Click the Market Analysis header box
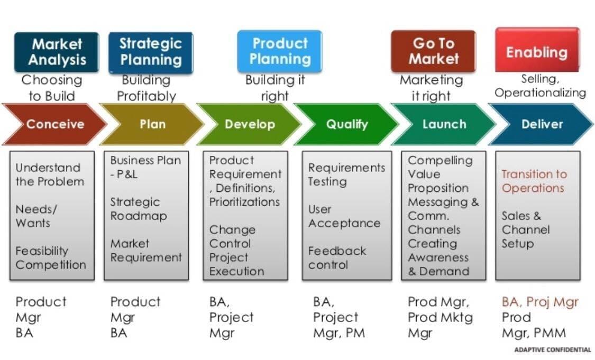57,52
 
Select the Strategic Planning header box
151,52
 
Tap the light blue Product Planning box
280,51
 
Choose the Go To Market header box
433,51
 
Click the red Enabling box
537,50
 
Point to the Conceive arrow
54,124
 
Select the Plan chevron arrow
152,124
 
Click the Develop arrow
249,124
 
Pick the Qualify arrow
346,124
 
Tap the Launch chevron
444,124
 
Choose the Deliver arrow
541,124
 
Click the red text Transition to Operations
534,181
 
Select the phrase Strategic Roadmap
139,209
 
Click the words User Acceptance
344,216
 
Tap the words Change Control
232,236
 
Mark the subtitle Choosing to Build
52,88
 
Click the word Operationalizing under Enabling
541,93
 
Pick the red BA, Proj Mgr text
540,301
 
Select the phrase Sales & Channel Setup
526,229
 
